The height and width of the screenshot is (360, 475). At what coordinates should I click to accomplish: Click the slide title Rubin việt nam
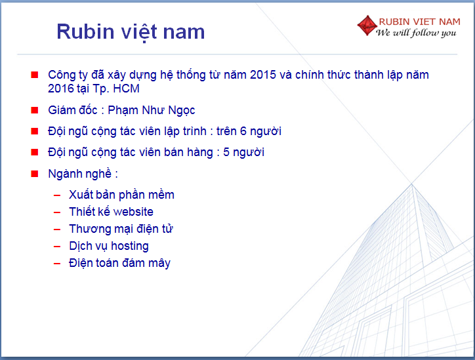point(131,31)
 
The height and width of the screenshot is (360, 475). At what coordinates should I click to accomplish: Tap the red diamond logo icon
point(367,26)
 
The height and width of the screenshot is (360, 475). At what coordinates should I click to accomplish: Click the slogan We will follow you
point(416,33)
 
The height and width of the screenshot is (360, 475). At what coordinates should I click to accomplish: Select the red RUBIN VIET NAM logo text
point(420,22)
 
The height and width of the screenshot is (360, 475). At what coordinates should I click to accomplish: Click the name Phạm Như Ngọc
point(152,110)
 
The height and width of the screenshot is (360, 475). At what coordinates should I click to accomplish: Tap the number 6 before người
point(243,131)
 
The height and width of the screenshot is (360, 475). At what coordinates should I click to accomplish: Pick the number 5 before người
point(226,152)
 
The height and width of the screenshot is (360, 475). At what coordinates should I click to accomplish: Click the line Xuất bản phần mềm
point(121,195)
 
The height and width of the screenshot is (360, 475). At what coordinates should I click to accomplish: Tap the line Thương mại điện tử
point(121,229)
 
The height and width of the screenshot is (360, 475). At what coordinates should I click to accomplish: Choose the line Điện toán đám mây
point(119,263)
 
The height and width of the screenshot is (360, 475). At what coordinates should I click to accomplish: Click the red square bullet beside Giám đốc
point(35,110)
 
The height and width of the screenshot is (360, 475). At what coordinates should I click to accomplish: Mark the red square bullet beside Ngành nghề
point(35,174)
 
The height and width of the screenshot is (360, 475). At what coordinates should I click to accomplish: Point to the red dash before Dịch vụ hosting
point(57,247)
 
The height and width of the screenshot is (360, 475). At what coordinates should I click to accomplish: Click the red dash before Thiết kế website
point(57,212)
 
